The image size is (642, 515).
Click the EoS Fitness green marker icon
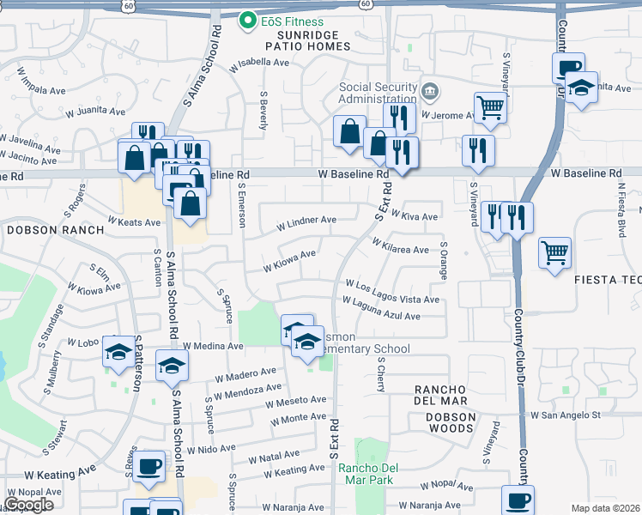click(248, 21)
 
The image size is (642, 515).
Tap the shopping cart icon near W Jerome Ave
click(490, 107)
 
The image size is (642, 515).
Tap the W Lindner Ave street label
click(306, 223)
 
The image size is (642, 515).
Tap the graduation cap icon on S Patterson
click(118, 351)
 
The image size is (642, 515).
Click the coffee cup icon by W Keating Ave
click(149, 465)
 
